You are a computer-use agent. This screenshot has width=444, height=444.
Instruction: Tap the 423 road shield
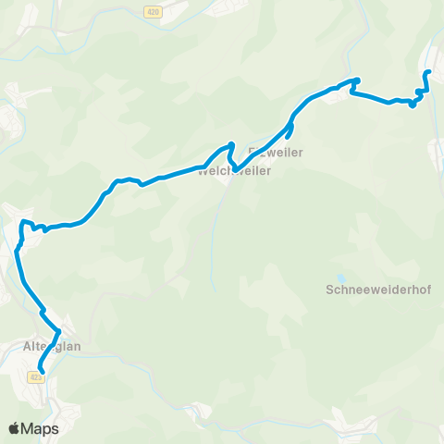tap(36, 376)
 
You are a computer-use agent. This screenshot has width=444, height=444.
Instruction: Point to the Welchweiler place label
tap(234, 170)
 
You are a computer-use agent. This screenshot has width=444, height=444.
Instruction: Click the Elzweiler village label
tap(277, 152)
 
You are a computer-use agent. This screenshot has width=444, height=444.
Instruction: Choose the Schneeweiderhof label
tap(379, 290)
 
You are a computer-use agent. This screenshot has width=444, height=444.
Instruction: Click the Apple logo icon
tap(14, 429)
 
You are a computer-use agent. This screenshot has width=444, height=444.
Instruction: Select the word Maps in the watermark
tap(41, 429)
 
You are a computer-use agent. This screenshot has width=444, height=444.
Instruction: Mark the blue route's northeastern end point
tap(426, 72)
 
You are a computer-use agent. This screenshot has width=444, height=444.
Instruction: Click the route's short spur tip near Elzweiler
tap(291, 139)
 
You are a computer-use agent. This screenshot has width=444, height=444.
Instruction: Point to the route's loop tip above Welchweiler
tap(231, 144)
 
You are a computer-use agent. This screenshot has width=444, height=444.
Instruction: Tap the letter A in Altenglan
tap(25, 347)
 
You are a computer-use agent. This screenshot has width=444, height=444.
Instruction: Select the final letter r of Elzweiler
tap(301, 152)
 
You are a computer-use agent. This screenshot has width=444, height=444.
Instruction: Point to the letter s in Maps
tap(55, 429)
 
